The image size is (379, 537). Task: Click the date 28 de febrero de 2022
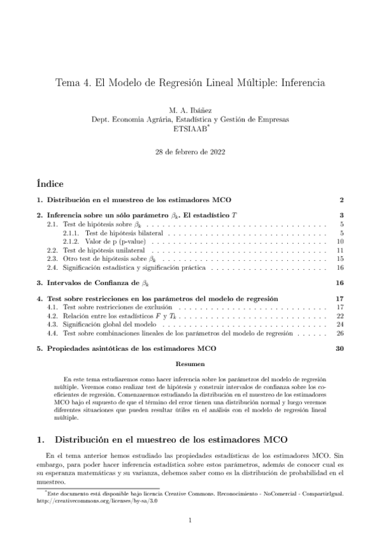pyautogui.click(x=190, y=153)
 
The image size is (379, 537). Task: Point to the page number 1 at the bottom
pyautogui.click(x=190, y=521)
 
